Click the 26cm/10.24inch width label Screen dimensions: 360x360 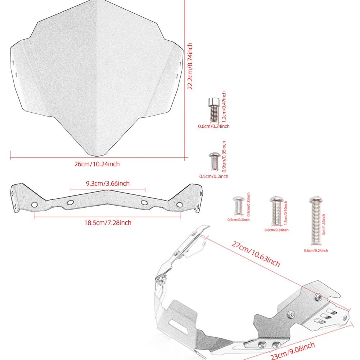[x=97, y=164]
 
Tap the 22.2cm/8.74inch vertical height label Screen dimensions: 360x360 [x=190, y=66]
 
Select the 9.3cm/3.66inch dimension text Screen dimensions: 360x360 [x=108, y=184]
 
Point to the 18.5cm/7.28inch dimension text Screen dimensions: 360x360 [x=108, y=223]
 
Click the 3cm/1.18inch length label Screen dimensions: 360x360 [x=324, y=225]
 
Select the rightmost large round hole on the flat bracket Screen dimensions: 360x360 [x=179, y=204]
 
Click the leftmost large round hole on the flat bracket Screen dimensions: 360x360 [x=35, y=204]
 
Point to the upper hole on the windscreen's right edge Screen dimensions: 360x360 [x=180, y=65]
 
